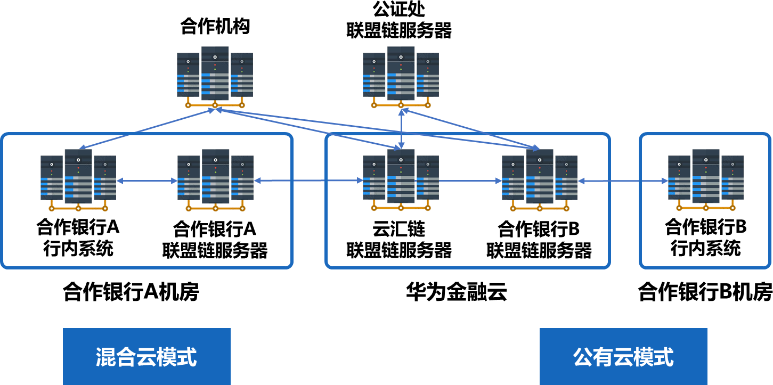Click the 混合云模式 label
(x=147, y=357)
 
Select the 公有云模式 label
(x=623, y=357)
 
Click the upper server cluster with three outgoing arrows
(x=215, y=75)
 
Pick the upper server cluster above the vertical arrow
(x=401, y=75)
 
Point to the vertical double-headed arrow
(x=401, y=128)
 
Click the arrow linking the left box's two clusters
(x=147, y=181)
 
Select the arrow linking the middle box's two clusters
(x=470, y=181)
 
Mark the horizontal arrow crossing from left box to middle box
(x=308, y=181)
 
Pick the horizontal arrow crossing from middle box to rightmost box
(x=622, y=181)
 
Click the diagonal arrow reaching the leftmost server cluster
(x=147, y=129)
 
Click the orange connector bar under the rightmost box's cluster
(x=706, y=208)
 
